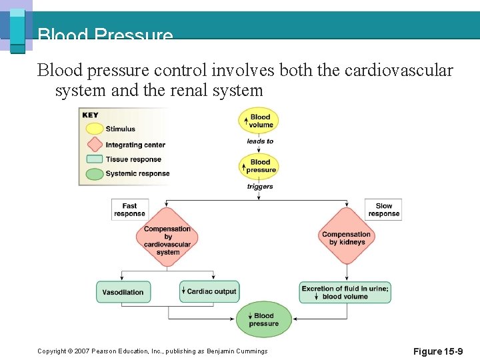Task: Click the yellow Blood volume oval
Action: pyautogui.click(x=259, y=121)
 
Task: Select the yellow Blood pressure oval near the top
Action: pyautogui.click(x=259, y=165)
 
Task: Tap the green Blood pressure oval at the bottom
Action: pyautogui.click(x=263, y=319)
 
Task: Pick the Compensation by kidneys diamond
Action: pyautogui.click(x=347, y=238)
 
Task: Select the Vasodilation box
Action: pyautogui.click(x=123, y=292)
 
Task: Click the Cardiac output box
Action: pyautogui.click(x=209, y=291)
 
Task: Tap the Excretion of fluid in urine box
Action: pyautogui.click(x=345, y=292)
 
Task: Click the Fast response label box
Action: pyautogui.click(x=129, y=209)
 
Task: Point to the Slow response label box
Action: pyautogui.click(x=383, y=209)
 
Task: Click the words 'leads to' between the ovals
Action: pyautogui.click(x=260, y=141)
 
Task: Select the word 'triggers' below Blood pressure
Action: pyautogui.click(x=260, y=187)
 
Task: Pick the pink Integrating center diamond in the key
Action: pyautogui.click(x=94, y=144)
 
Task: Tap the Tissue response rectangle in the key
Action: pyautogui.click(x=94, y=159)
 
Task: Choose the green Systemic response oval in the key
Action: pyautogui.click(x=94, y=173)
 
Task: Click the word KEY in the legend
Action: pyautogui.click(x=90, y=115)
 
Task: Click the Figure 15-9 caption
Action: pyautogui.click(x=437, y=351)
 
